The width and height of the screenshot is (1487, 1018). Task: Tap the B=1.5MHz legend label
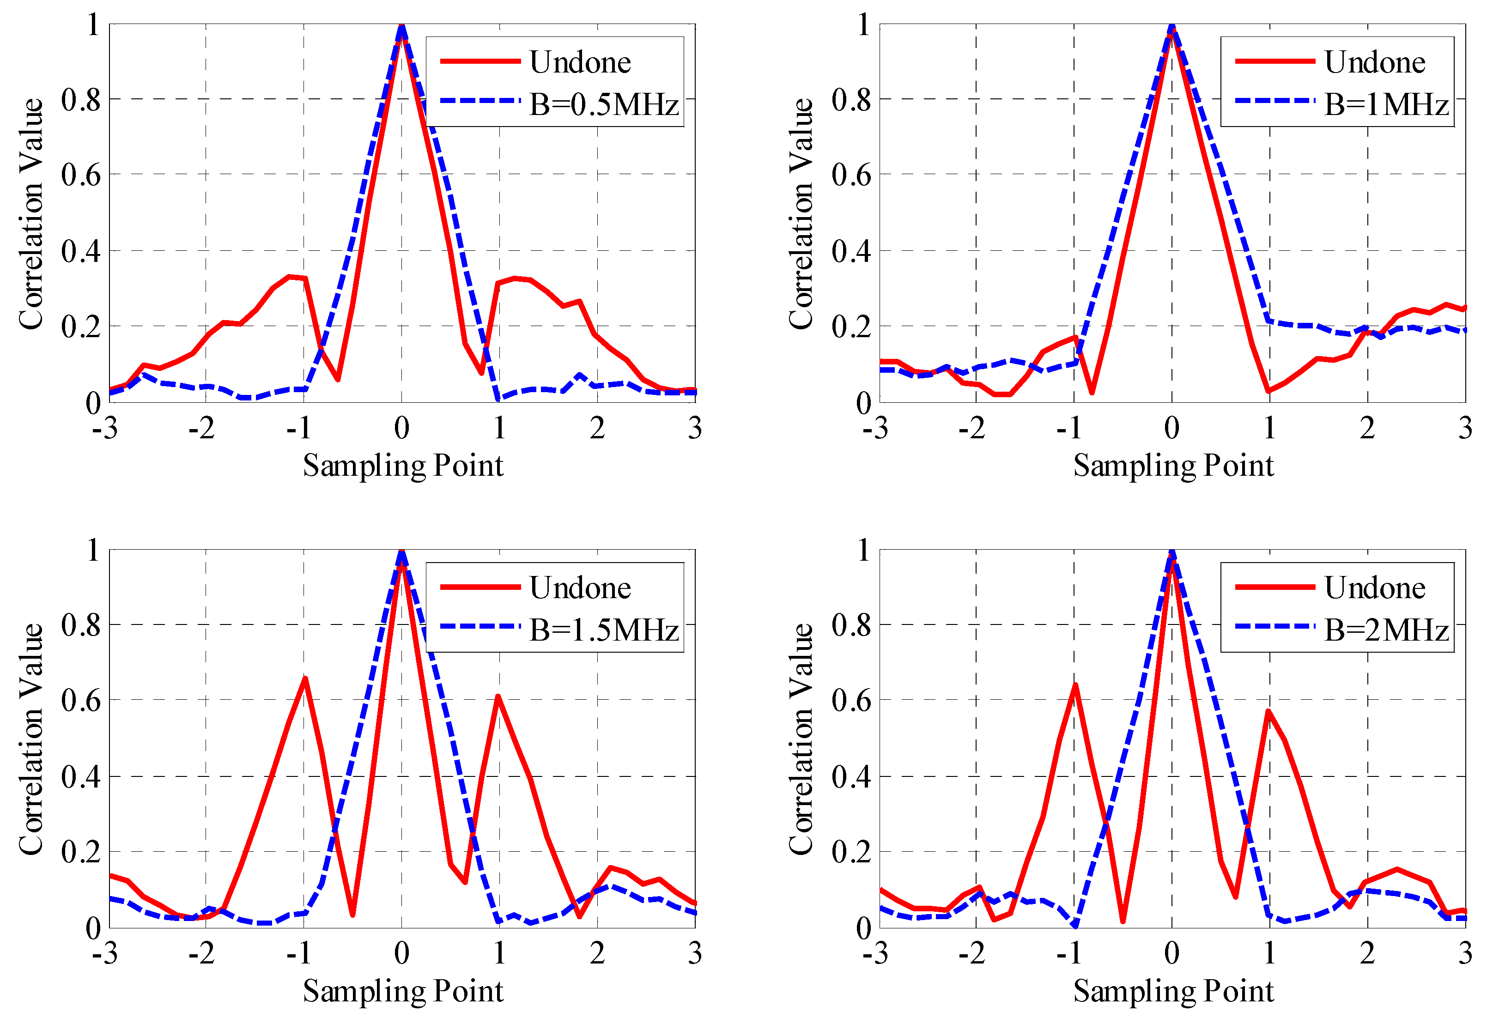point(603,630)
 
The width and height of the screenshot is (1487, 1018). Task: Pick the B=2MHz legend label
point(1386,630)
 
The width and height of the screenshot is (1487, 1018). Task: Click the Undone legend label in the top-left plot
point(580,62)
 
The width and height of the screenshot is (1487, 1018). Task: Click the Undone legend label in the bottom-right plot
point(1374,588)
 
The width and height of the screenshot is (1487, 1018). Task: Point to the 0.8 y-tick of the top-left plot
point(81,100)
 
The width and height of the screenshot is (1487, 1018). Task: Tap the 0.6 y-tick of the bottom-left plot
point(81,700)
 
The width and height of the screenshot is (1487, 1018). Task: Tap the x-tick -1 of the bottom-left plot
point(299,953)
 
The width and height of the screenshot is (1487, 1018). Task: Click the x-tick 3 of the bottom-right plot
point(1465,953)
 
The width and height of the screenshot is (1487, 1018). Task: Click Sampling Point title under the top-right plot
point(1173,465)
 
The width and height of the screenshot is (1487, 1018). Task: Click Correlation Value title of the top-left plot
point(30,214)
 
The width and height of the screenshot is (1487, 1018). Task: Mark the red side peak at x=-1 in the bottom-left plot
point(305,678)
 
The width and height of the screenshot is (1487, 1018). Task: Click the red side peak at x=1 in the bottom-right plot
point(1268,711)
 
